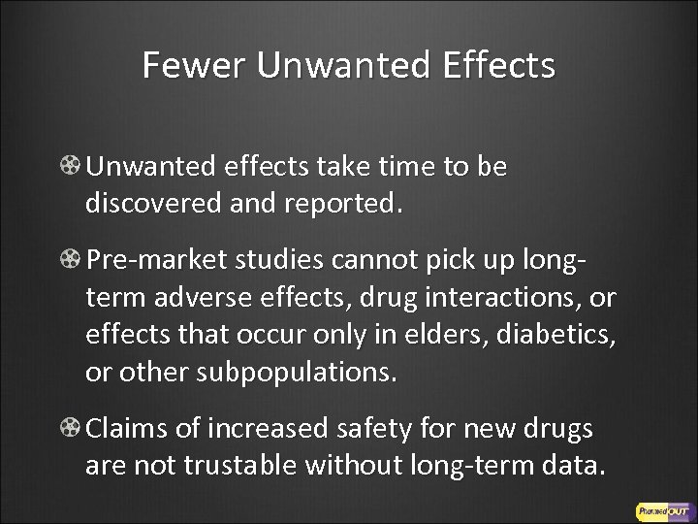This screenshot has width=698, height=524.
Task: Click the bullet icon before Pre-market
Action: tap(72, 260)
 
